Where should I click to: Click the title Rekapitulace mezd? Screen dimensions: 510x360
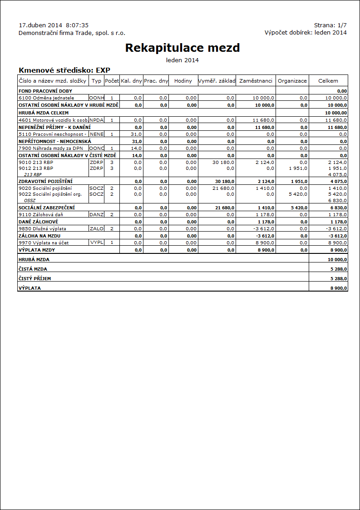(182, 48)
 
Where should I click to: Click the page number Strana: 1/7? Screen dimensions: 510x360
(330, 25)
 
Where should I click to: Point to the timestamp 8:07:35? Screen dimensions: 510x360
(77, 25)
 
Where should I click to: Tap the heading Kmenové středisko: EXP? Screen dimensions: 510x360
(64, 70)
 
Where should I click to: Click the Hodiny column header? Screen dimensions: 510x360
(183, 81)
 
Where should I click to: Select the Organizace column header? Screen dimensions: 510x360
(292, 81)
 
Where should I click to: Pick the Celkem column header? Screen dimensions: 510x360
(328, 81)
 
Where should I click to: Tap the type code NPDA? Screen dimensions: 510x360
(97, 120)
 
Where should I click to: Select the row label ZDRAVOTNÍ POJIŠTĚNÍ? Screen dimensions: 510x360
(45, 182)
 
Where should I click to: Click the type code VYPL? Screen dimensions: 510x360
(96, 243)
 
